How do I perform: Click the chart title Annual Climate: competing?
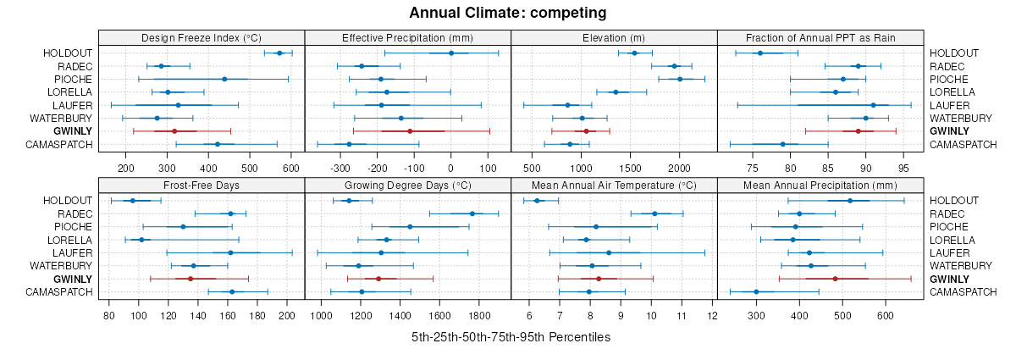[508, 13]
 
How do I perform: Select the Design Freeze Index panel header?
[202, 37]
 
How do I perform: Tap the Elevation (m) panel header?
[614, 37]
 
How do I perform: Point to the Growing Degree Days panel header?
[407, 185]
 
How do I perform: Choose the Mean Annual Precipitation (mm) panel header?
[820, 185]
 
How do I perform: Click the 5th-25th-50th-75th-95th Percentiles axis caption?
[511, 337]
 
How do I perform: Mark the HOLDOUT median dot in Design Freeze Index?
[279, 53]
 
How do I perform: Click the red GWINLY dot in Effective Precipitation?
[410, 131]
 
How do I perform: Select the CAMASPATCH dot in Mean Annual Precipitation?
[756, 291]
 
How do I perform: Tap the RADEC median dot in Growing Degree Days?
[472, 213]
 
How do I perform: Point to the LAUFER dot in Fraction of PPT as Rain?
[873, 105]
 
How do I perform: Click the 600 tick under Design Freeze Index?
[290, 168]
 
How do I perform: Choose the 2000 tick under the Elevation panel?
[679, 168]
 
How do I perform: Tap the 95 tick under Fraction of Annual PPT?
[904, 168]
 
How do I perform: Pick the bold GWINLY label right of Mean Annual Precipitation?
[949, 279]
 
